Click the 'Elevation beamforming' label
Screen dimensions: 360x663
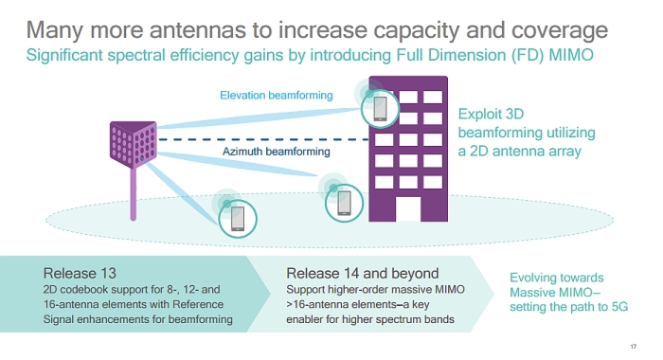click(262, 95)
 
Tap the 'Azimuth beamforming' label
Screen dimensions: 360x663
click(263, 151)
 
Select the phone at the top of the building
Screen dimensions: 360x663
click(381, 108)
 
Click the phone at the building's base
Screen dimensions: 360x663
click(342, 201)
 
